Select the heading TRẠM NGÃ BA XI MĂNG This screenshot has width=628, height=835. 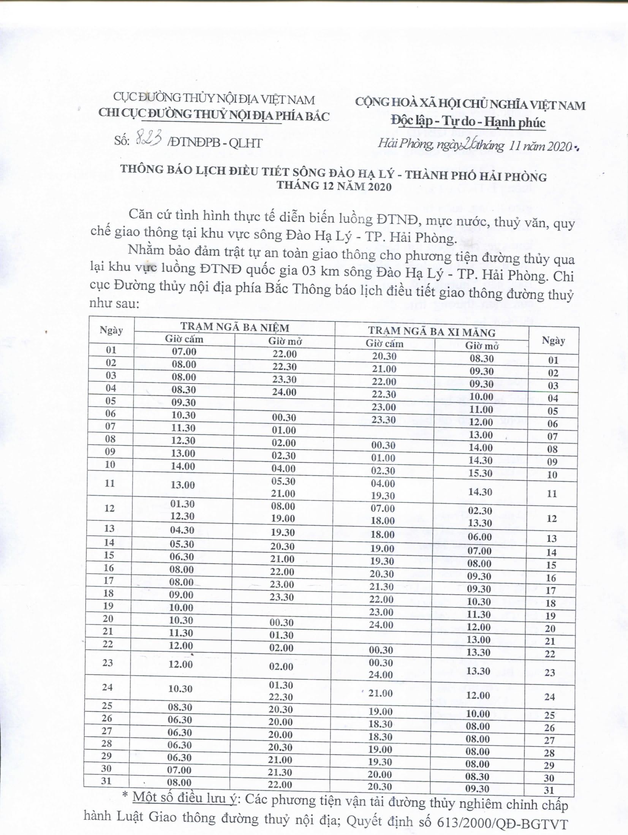point(432,332)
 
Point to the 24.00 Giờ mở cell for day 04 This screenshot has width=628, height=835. point(284,392)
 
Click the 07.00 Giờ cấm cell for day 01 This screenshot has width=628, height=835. point(184,351)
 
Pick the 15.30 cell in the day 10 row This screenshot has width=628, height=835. point(481,473)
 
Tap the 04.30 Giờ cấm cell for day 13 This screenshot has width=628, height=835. point(182,530)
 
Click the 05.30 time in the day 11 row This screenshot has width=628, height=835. point(283,481)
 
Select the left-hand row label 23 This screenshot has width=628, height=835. point(108,663)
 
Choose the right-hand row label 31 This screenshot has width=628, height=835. point(549,791)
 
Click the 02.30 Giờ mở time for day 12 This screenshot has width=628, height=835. point(480,511)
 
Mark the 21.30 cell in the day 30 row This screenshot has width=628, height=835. point(280,772)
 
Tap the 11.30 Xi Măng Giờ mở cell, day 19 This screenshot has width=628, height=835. point(479,614)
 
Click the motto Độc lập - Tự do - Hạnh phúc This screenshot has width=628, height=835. point(468,122)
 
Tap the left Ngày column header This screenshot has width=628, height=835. point(111,330)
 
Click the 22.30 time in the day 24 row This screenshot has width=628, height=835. point(281,697)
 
